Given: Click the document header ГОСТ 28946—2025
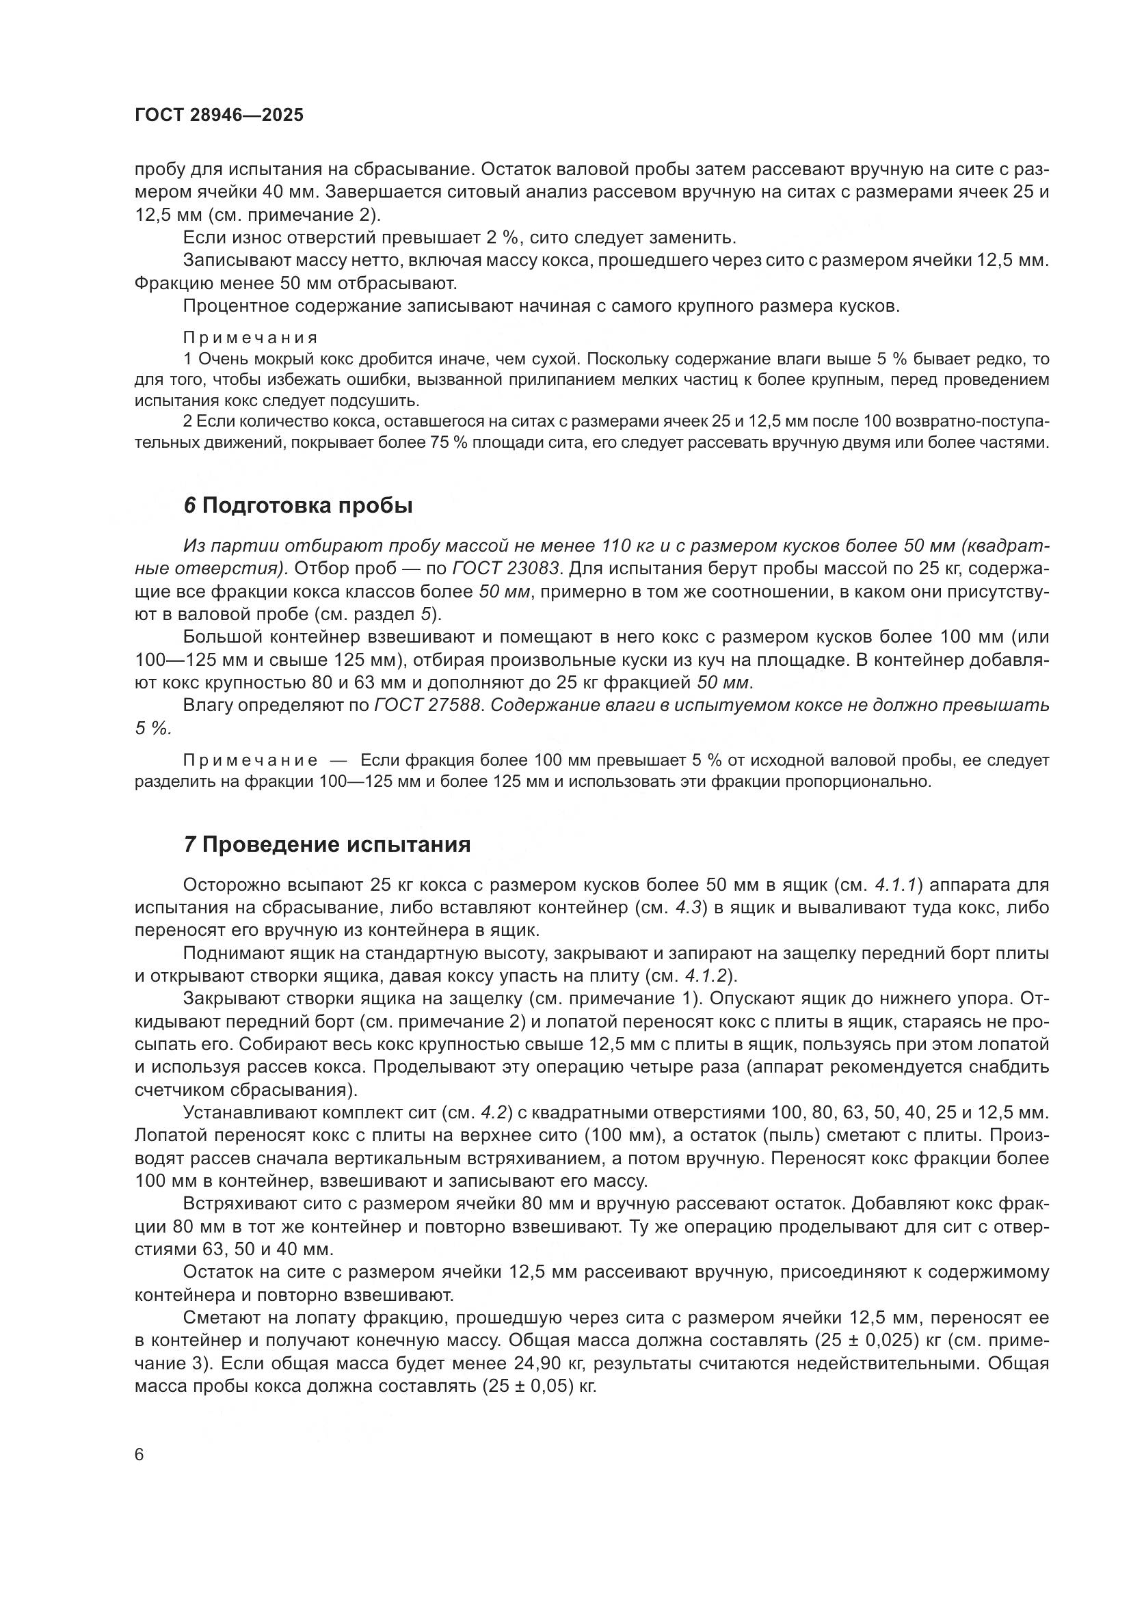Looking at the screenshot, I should (x=219, y=116).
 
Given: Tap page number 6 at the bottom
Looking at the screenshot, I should (x=139, y=1455).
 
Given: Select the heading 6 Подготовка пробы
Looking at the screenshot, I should (x=298, y=507).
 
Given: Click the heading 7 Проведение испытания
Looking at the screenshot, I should (x=328, y=845).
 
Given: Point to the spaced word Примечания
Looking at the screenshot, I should (x=250, y=338).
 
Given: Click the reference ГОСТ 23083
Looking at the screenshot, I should (x=505, y=569).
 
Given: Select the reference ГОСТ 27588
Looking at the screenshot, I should (x=427, y=706).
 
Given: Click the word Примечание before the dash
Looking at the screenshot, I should (x=250, y=760).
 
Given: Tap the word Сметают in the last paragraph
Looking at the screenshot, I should (x=224, y=1317).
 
